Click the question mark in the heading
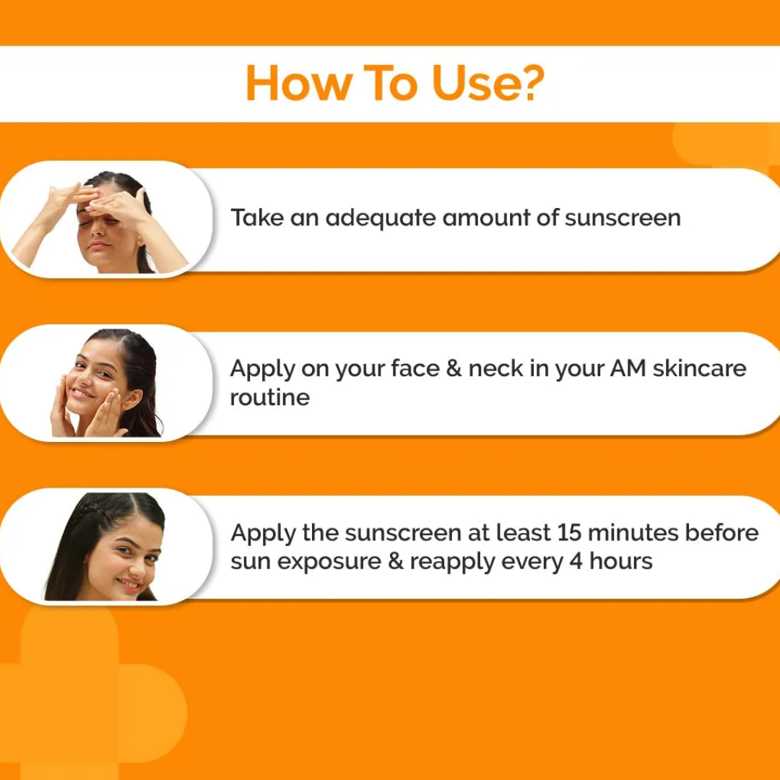tap(531, 82)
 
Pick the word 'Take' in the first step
tap(257, 217)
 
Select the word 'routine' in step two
tap(270, 397)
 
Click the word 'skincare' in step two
tap(699, 368)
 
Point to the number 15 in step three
tap(569, 533)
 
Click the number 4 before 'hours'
tap(576, 562)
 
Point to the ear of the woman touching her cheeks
tap(132, 399)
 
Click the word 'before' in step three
tap(721, 533)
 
